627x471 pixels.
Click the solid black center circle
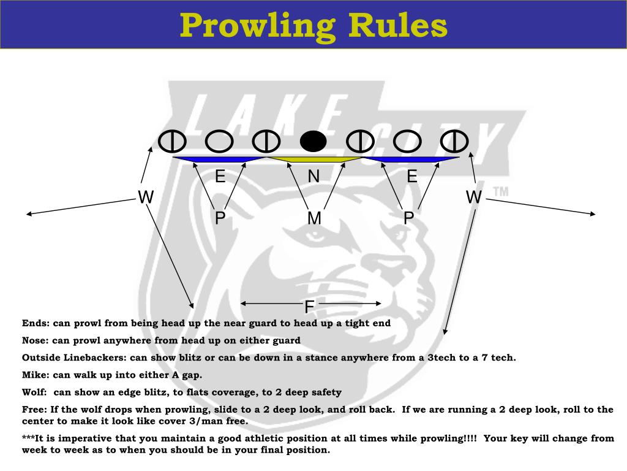click(x=313, y=142)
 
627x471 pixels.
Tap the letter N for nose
click(x=313, y=177)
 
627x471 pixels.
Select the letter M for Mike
click(x=314, y=218)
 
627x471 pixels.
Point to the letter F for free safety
click(x=310, y=307)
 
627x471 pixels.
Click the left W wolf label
click(x=146, y=197)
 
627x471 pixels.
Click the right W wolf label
click(x=474, y=197)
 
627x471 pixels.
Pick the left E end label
click(x=220, y=177)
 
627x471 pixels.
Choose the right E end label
click(x=412, y=177)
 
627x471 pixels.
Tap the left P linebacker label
click(x=220, y=218)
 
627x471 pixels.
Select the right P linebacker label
click(x=409, y=218)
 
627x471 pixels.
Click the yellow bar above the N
click(x=313, y=159)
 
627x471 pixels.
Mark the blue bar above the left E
click(x=219, y=159)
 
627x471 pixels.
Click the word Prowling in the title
click(x=257, y=26)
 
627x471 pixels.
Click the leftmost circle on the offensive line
click(x=172, y=142)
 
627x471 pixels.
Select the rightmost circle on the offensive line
click(x=455, y=142)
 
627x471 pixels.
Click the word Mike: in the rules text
click(x=36, y=375)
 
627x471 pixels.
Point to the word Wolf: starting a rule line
click(x=36, y=392)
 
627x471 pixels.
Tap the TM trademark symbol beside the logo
click(x=500, y=192)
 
